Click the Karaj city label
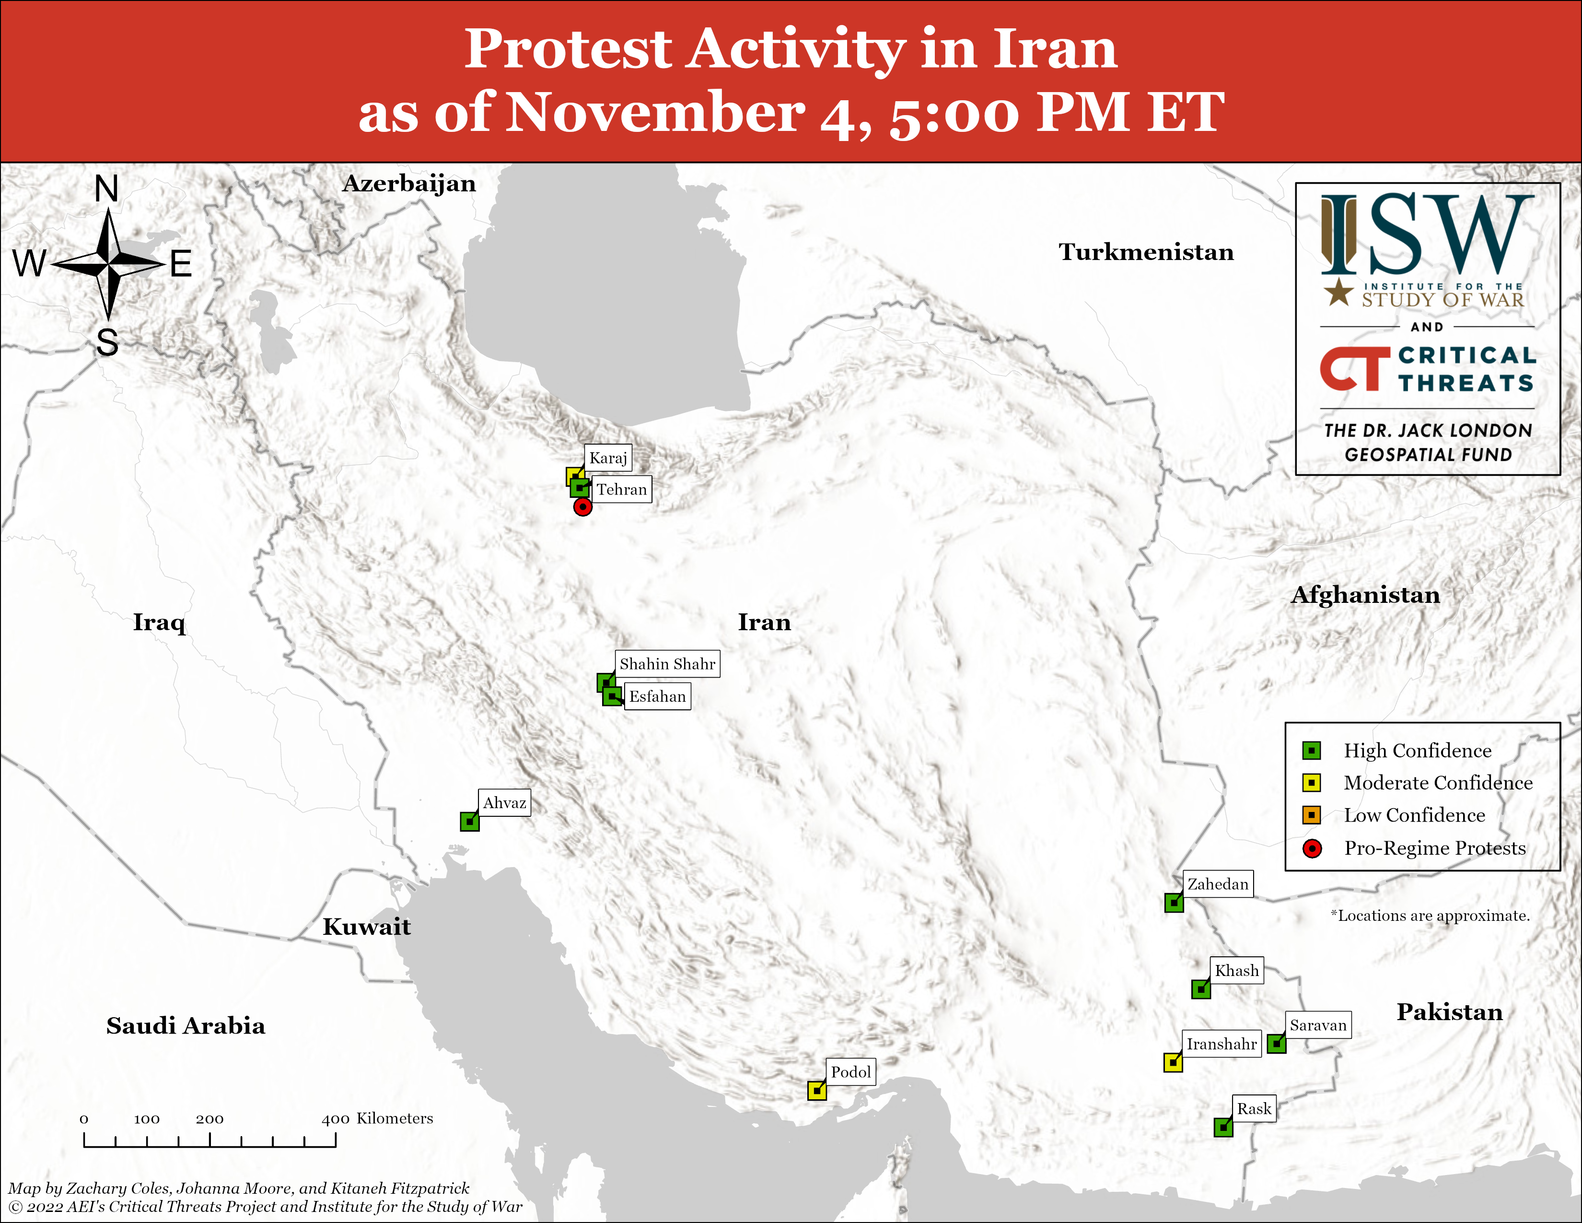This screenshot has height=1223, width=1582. tap(608, 458)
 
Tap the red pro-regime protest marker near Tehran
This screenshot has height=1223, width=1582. tap(582, 507)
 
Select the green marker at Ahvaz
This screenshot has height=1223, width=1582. tap(469, 822)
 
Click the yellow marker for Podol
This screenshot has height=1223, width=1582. tap(817, 1091)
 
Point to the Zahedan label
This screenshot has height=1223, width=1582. tap(1218, 884)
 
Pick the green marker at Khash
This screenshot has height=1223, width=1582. tap(1201, 989)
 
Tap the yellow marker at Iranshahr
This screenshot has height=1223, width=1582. tap(1173, 1062)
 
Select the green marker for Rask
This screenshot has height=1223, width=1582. tap(1223, 1128)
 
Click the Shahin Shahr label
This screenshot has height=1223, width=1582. tap(667, 664)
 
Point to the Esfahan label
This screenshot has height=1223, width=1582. tap(657, 696)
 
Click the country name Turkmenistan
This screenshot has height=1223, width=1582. tap(1146, 252)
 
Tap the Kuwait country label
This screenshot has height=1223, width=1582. tap(367, 927)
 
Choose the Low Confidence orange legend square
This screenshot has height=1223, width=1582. tap(1311, 815)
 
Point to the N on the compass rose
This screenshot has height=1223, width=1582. tap(106, 189)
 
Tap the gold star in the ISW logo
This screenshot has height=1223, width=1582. tap(1338, 292)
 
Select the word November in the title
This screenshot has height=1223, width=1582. tap(655, 113)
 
